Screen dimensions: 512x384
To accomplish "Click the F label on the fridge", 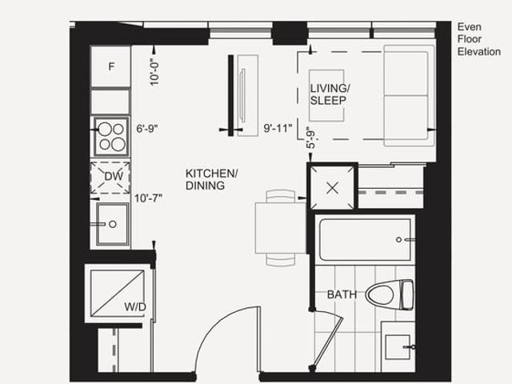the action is (111, 66).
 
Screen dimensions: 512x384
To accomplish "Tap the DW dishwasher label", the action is (114, 176).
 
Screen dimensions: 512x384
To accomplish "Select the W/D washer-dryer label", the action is (135, 307).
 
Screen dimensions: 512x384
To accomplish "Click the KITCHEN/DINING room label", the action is (211, 179).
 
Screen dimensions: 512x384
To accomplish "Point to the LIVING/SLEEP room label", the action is (330, 94).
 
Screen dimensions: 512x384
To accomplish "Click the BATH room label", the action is (342, 295).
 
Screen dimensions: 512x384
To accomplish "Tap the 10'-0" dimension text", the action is (154, 72).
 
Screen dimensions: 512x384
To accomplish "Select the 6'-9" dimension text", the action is (147, 129).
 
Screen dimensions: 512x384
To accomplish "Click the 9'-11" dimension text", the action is (278, 128).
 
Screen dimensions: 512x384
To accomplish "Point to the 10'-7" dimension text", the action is (148, 198).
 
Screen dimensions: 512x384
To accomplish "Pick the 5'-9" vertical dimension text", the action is (311, 138).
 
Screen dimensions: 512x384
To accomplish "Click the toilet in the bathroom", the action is (390, 295).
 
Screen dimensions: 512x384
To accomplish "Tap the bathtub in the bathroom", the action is (365, 239).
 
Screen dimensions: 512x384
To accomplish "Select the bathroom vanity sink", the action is (398, 346).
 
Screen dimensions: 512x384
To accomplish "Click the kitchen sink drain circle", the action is (113, 224).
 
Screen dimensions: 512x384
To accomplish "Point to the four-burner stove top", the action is (111, 137).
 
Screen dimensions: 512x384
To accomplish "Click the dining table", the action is (281, 227).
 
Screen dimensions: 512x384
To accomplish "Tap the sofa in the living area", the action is (409, 96).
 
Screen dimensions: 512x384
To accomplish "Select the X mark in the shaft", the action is (333, 188).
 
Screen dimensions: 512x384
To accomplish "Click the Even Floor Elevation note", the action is (478, 39).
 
